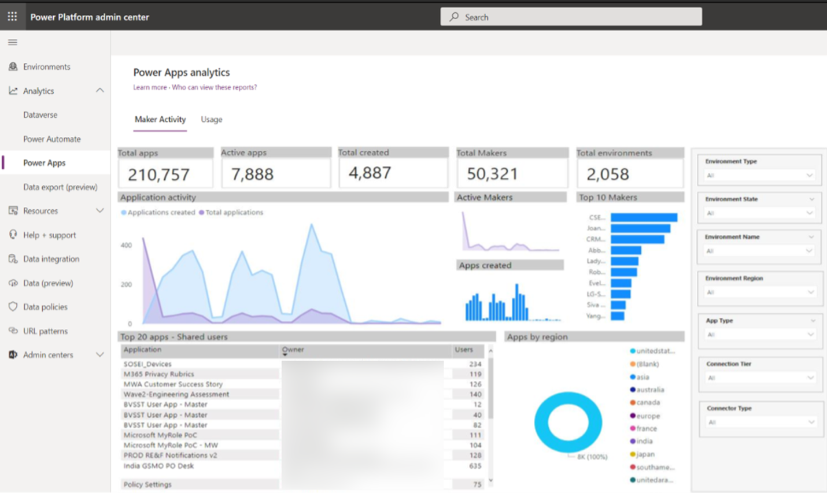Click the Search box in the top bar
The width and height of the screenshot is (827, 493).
point(571,17)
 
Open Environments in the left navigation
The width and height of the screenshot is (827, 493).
point(46,66)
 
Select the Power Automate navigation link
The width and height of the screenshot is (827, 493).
point(51,139)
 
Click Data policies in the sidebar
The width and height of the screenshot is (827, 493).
point(45,307)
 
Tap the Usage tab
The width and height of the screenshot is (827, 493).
point(211,119)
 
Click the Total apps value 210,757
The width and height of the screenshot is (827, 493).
point(158,174)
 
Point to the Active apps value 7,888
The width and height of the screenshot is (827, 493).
point(252,174)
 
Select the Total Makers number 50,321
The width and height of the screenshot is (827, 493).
point(492,174)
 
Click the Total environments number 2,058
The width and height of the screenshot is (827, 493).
point(607,174)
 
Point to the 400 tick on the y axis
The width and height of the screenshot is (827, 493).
point(126,245)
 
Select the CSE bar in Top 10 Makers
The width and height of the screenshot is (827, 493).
point(644,217)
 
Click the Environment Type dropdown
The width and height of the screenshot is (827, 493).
point(759,175)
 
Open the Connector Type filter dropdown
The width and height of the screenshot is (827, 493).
point(760,422)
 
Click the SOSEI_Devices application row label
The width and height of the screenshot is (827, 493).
point(147,364)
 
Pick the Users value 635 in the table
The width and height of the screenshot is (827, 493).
point(475,466)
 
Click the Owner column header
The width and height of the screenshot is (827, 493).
point(293,350)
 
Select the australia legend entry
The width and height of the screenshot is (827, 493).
point(649,390)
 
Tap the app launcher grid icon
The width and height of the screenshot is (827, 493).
point(12,16)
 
